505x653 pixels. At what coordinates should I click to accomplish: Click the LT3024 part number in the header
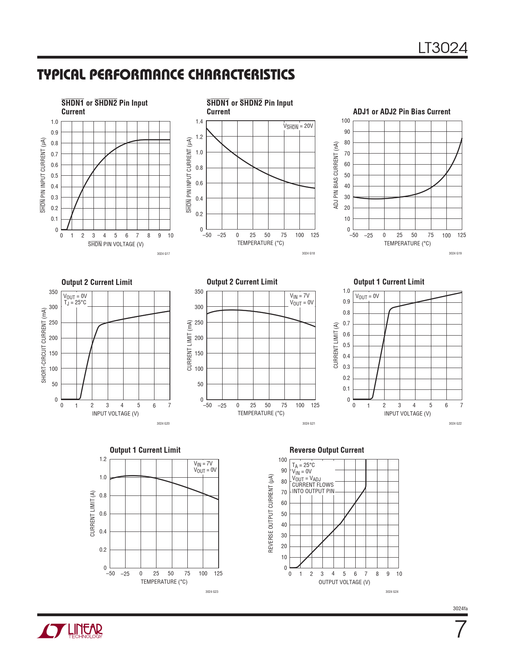(x=443, y=48)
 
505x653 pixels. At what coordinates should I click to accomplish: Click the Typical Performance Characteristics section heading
(x=166, y=74)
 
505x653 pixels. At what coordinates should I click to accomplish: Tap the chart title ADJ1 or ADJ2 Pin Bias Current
(x=401, y=112)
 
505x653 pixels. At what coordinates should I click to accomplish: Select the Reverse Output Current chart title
(x=326, y=450)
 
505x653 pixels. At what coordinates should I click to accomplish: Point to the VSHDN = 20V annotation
(x=298, y=126)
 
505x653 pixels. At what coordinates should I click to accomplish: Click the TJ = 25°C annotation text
(x=75, y=303)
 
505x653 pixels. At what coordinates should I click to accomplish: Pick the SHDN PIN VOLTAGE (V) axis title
(x=115, y=244)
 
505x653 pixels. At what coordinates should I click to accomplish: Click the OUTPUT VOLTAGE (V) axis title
(x=344, y=582)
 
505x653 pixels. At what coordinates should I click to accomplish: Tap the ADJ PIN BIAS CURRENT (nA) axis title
(x=336, y=175)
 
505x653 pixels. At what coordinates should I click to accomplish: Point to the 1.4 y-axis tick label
(x=199, y=122)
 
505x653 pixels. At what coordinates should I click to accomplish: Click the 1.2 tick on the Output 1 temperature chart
(x=103, y=459)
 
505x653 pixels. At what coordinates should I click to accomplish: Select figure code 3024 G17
(x=163, y=254)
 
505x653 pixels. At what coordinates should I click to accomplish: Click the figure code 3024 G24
(x=392, y=592)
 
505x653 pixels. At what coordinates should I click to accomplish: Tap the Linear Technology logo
(x=70, y=631)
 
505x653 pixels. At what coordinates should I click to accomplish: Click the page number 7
(x=460, y=629)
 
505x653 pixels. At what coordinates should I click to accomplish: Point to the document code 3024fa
(x=460, y=608)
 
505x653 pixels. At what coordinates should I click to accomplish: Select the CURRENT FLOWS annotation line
(x=313, y=485)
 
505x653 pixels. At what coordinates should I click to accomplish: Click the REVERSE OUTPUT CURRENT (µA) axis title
(x=271, y=513)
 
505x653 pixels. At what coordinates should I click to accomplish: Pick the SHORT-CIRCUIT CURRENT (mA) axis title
(x=44, y=345)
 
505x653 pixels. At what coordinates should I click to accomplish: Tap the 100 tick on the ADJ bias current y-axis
(x=346, y=121)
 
